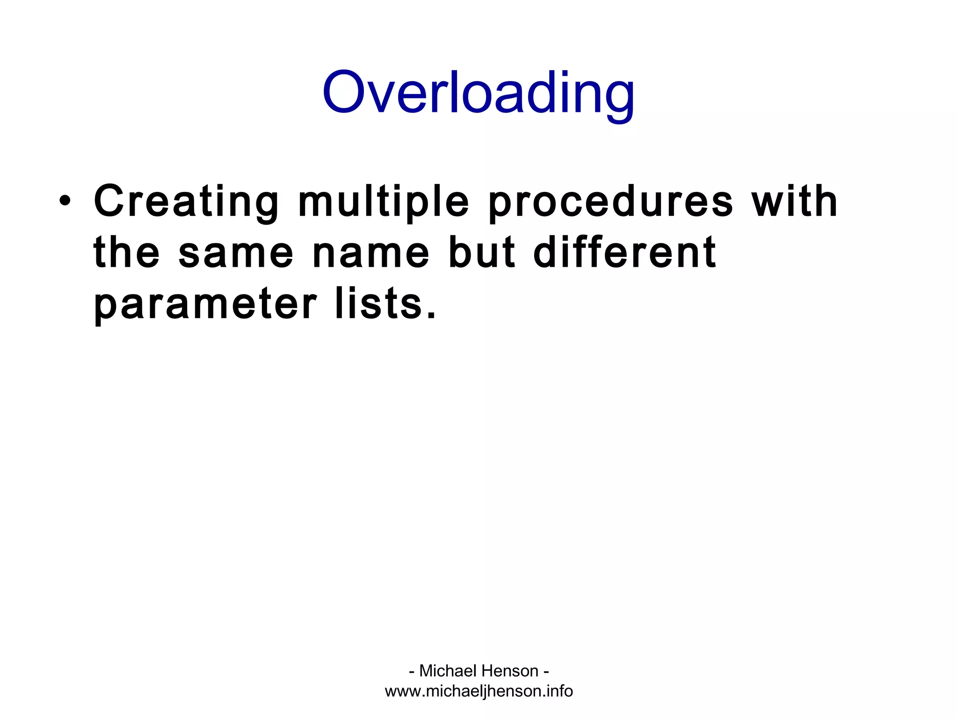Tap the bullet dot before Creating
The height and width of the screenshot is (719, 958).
point(65,202)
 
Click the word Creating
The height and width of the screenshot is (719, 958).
point(186,202)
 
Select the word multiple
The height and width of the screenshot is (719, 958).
point(384,202)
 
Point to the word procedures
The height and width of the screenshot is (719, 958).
point(610,202)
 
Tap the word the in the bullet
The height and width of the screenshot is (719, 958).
point(127,253)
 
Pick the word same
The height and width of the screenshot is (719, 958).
point(236,255)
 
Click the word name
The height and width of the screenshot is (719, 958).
point(371,255)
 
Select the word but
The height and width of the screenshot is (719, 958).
point(482,253)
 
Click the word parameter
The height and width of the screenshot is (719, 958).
point(205,304)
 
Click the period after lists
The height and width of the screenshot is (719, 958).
point(431,316)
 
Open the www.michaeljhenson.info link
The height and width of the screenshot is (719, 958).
point(479,691)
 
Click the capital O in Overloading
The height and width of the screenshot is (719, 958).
point(344,92)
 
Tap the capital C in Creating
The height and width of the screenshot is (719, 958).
point(110,202)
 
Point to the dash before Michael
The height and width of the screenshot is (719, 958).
point(412,672)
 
